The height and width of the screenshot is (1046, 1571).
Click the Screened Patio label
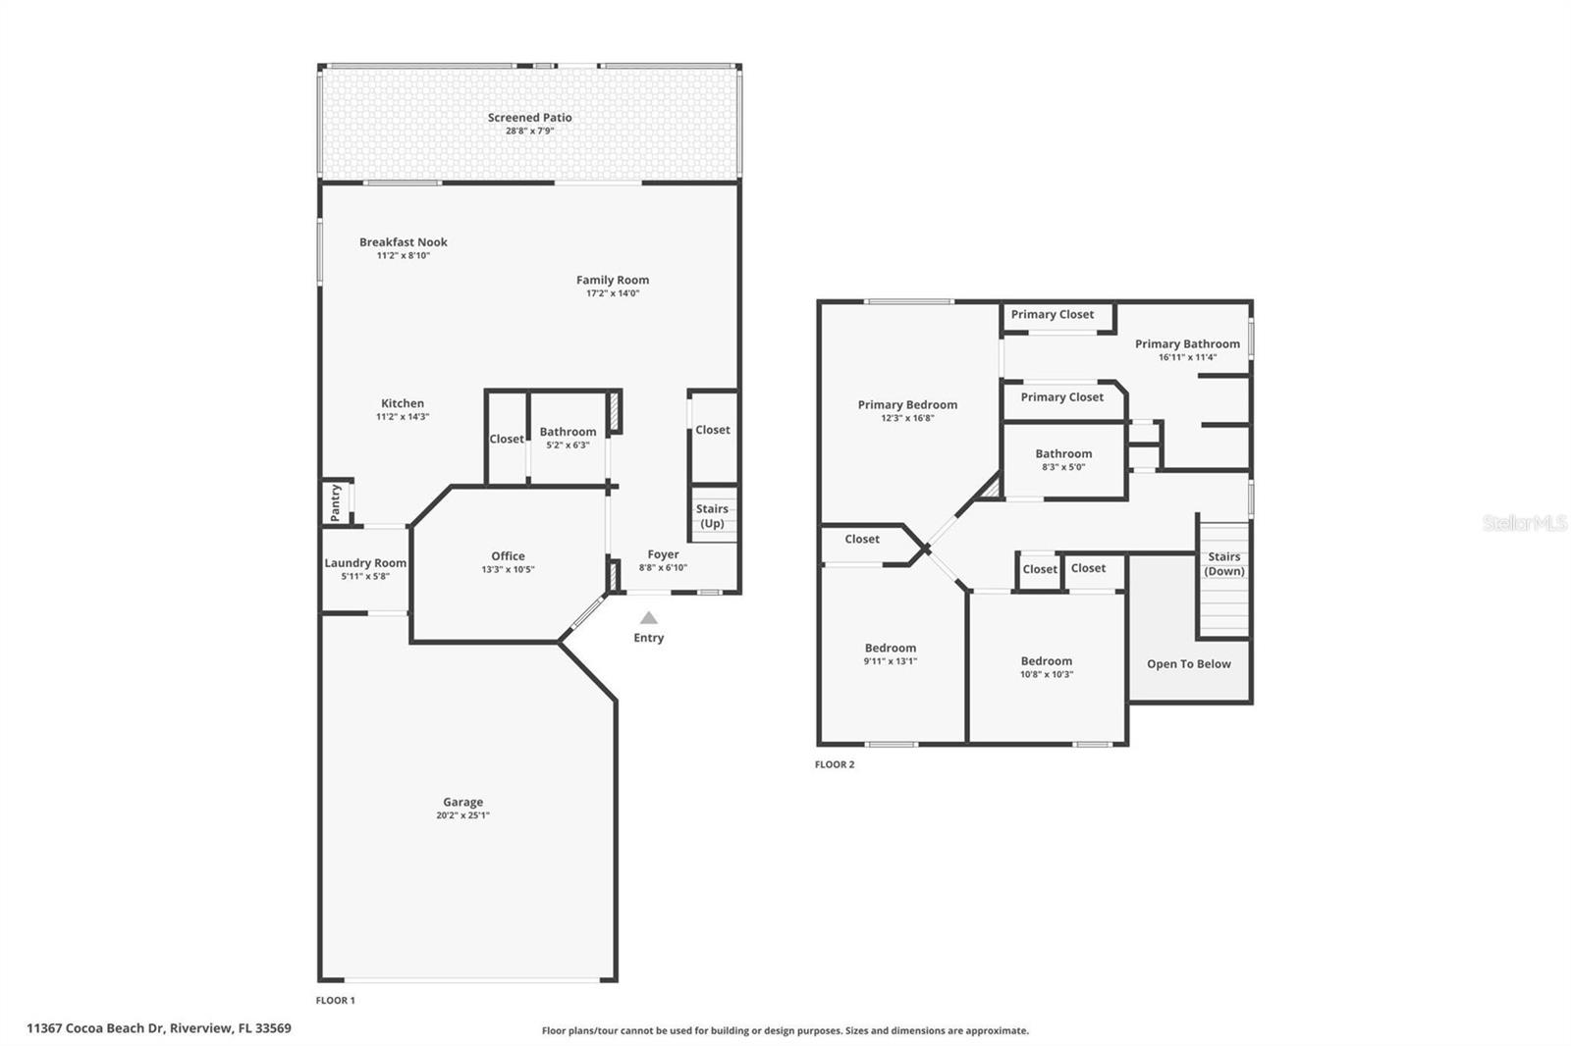pyautogui.click(x=529, y=118)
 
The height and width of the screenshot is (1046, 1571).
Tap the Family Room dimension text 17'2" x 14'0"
pyautogui.click(x=613, y=293)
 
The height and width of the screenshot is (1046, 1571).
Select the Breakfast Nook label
pyautogui.click(x=403, y=242)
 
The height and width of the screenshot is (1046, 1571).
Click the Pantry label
pyautogui.click(x=335, y=501)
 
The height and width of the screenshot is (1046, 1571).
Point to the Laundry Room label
pyautogui.click(x=365, y=563)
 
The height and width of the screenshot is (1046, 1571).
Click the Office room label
pyautogui.click(x=508, y=556)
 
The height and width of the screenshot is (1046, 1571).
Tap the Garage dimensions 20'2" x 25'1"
pyautogui.click(x=462, y=815)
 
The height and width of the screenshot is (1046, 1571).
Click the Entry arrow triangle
pyautogui.click(x=648, y=618)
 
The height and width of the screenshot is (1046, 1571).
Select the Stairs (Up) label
pyautogui.click(x=712, y=516)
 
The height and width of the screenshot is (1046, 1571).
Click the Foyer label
pyautogui.click(x=663, y=554)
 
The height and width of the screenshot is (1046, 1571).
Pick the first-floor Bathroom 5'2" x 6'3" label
pyautogui.click(x=568, y=432)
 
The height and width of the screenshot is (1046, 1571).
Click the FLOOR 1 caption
pyautogui.click(x=335, y=1001)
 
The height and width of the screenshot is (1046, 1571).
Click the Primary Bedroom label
pyautogui.click(x=907, y=404)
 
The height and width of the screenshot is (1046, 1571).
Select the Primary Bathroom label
pyautogui.click(x=1187, y=343)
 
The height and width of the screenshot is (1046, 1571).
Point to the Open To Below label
pyautogui.click(x=1188, y=664)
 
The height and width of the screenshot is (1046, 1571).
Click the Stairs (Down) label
pyautogui.click(x=1223, y=563)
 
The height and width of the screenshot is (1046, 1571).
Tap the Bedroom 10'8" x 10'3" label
pyautogui.click(x=1046, y=661)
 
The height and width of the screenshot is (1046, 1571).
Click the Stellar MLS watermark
pyautogui.click(x=1524, y=523)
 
